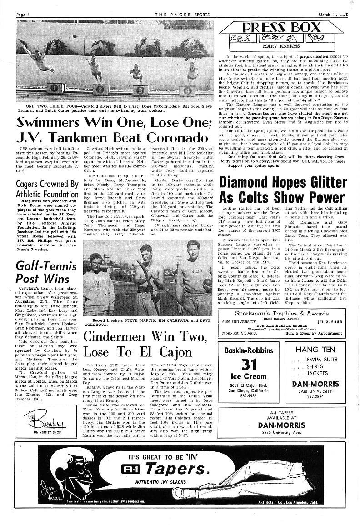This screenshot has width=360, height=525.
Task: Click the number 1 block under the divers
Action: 55,87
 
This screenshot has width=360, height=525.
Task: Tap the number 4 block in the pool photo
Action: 187,90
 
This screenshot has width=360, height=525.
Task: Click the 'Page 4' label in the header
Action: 23,14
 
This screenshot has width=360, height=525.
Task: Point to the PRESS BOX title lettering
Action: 282,28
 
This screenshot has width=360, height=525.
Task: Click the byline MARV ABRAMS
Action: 281,45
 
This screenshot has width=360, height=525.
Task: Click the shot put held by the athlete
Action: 207,283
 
